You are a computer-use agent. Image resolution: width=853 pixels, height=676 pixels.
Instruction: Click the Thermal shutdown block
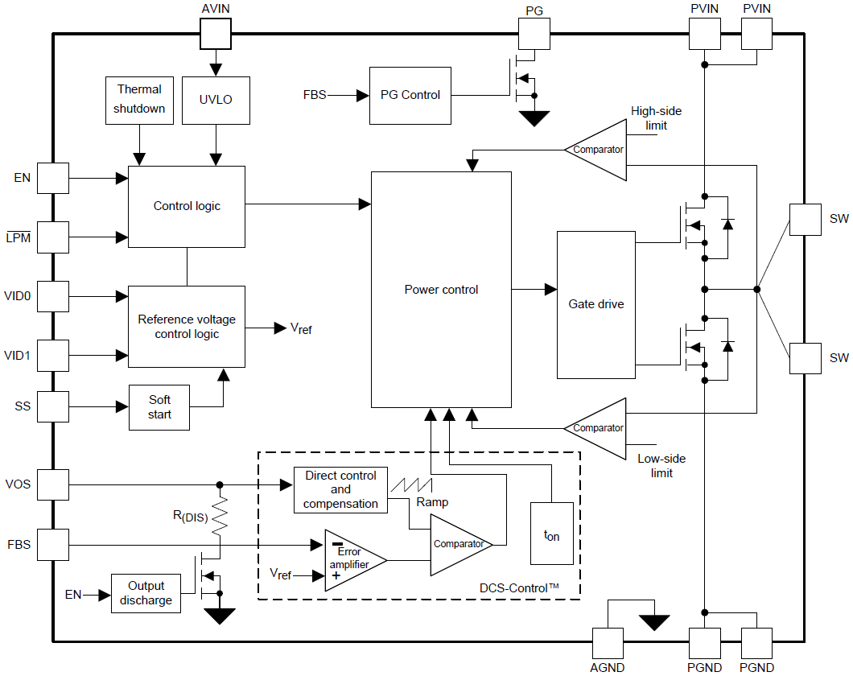[x=139, y=100]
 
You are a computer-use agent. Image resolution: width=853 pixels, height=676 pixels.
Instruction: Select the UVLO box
[x=215, y=100]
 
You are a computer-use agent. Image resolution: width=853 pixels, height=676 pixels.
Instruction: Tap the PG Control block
[x=410, y=95]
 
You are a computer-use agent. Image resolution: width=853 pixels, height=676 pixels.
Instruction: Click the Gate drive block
[x=595, y=304]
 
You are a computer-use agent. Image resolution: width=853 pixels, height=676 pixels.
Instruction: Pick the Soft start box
[x=159, y=407]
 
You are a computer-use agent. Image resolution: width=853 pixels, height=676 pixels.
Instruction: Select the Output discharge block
[x=146, y=594]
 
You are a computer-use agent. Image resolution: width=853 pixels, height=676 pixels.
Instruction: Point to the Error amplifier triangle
[x=352, y=560]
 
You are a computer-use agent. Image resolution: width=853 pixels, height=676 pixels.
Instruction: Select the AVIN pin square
[x=215, y=34]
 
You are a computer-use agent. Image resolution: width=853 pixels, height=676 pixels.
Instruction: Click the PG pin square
[x=534, y=34]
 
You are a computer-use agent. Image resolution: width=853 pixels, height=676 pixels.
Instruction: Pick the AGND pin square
[x=608, y=643]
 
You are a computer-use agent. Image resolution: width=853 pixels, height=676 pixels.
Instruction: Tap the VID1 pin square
[x=53, y=355]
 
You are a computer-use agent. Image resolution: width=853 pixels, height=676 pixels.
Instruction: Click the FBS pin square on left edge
[x=53, y=545]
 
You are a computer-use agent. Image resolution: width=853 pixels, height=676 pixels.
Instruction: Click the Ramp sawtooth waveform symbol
[x=412, y=485]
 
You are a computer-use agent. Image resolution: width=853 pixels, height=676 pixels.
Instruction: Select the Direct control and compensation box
[x=340, y=489]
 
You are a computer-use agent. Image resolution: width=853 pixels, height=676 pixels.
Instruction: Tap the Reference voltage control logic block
[x=187, y=326]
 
